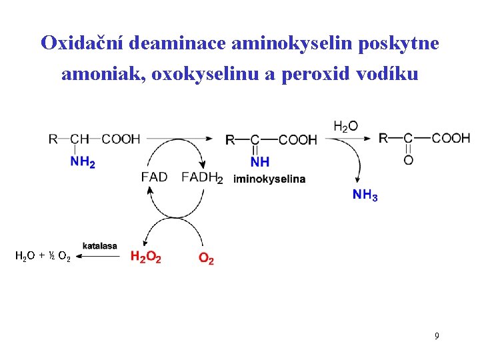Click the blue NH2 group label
82,162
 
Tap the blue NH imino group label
260,162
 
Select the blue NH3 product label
365,195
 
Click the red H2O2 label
145,257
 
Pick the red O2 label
207,258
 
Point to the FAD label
154,177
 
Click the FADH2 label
202,178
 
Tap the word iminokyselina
269,179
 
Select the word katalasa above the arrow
99,245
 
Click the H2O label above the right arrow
345,126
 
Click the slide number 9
437,336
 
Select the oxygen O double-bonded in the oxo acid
408,160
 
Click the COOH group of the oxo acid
451,138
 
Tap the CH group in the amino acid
79,139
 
